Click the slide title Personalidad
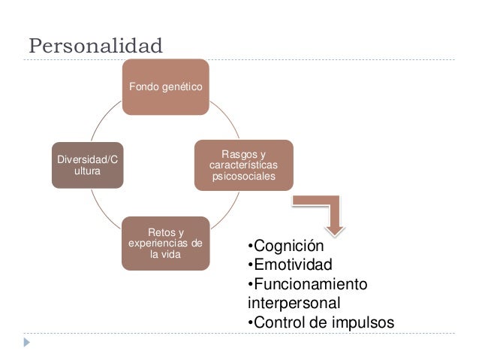click(95, 46)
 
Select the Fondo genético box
click(165, 86)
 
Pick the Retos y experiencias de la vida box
click(165, 243)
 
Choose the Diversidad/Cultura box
click(88, 165)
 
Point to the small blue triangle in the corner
click(27, 342)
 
